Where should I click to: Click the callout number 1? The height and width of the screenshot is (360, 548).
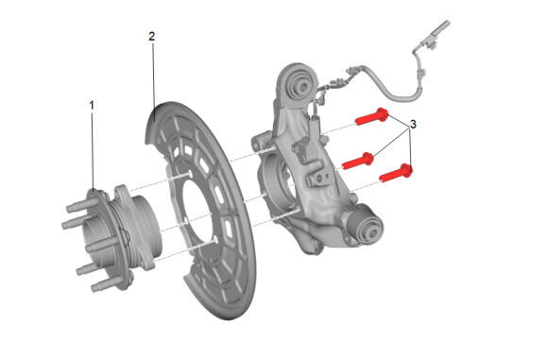(92, 105)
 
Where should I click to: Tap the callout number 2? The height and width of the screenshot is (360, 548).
(152, 36)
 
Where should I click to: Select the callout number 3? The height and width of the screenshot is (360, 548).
(413, 124)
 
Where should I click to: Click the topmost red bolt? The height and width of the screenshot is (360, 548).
(371, 116)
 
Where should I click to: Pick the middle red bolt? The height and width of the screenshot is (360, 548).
(358, 161)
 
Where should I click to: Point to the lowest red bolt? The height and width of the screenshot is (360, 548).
(396, 173)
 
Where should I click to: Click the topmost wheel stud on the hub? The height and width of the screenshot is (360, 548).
(77, 207)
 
